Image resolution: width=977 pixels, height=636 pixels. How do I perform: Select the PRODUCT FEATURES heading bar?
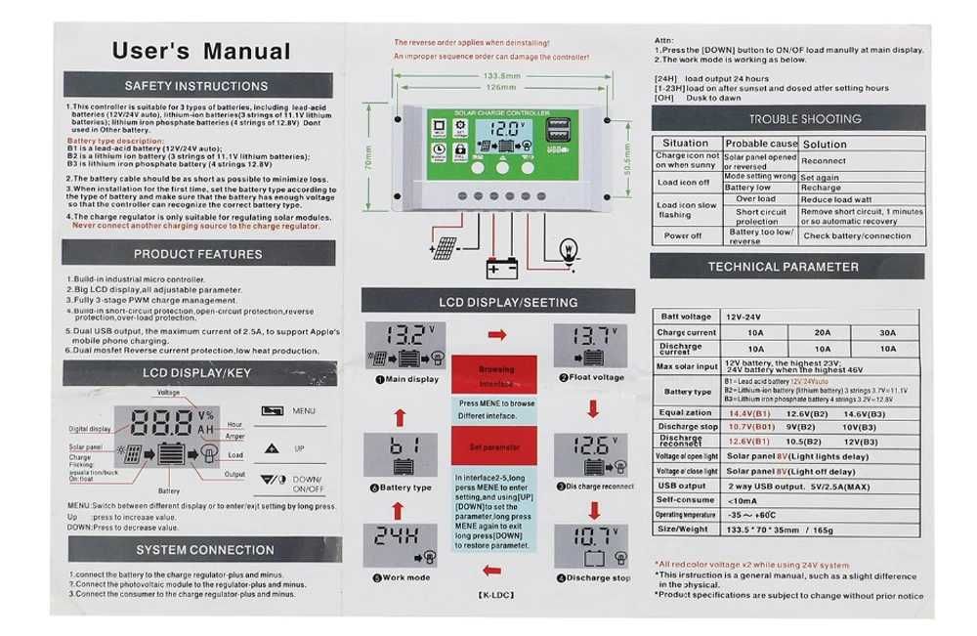pyautogui.click(x=198, y=254)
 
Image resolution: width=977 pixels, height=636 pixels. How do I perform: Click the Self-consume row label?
pyautogui.click(x=686, y=499)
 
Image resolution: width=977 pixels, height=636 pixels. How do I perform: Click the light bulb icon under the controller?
pyautogui.click(x=567, y=249)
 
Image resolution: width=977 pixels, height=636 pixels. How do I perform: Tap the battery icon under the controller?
pyautogui.click(x=501, y=267)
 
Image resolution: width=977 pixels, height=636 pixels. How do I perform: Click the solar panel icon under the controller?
pyautogui.click(x=445, y=249)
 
